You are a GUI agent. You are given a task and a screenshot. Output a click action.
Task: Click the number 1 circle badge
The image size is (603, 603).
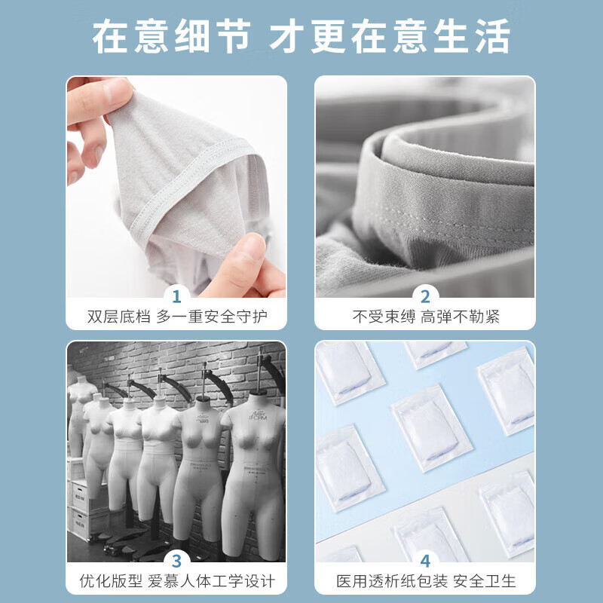click(176, 295)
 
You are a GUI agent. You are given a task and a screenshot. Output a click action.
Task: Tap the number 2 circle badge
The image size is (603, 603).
click(425, 295)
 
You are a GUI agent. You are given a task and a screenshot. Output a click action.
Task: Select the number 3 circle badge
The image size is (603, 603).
click(176, 561)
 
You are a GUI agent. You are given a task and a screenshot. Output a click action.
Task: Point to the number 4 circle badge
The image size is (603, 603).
click(425, 561)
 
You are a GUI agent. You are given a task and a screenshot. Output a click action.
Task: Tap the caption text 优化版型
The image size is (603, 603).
click(110, 582)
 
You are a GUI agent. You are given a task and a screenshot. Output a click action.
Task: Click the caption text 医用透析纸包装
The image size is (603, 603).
click(395, 582)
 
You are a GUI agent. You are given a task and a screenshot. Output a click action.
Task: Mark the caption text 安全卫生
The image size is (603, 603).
click(487, 582)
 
